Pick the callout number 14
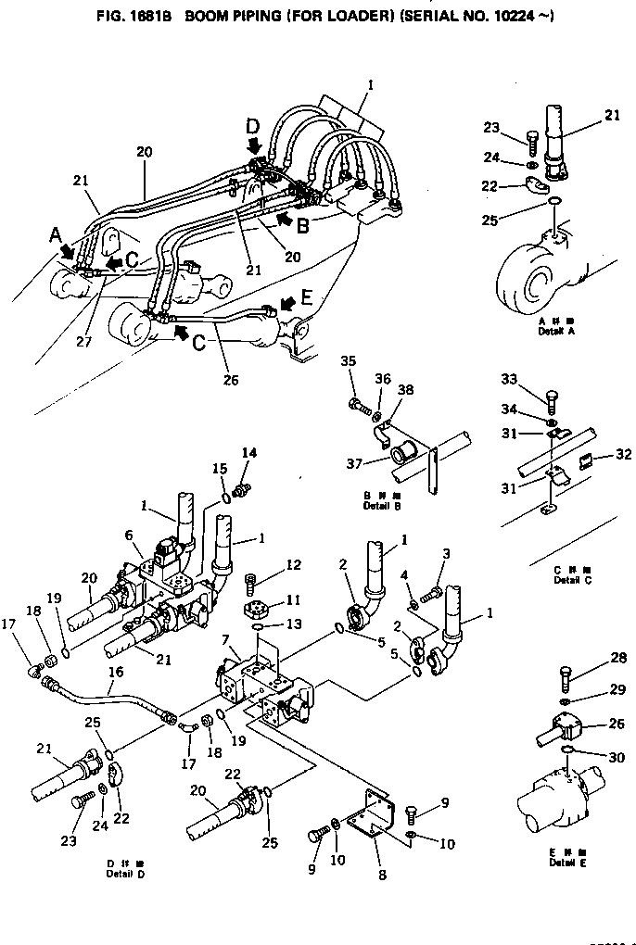249,453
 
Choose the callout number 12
292,566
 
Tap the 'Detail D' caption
125,874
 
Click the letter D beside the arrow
253,125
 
